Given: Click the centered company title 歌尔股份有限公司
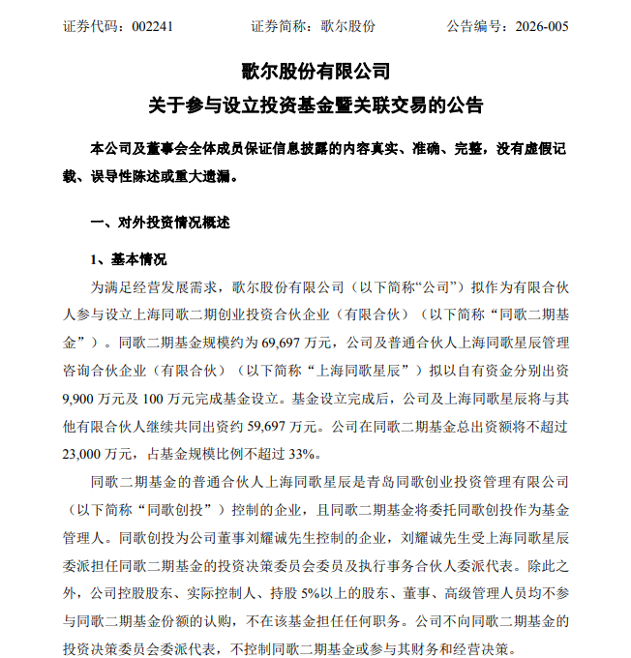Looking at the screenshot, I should click(315, 72).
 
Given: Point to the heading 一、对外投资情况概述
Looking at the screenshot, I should click(161, 223).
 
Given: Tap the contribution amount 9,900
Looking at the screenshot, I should click(81, 397).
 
